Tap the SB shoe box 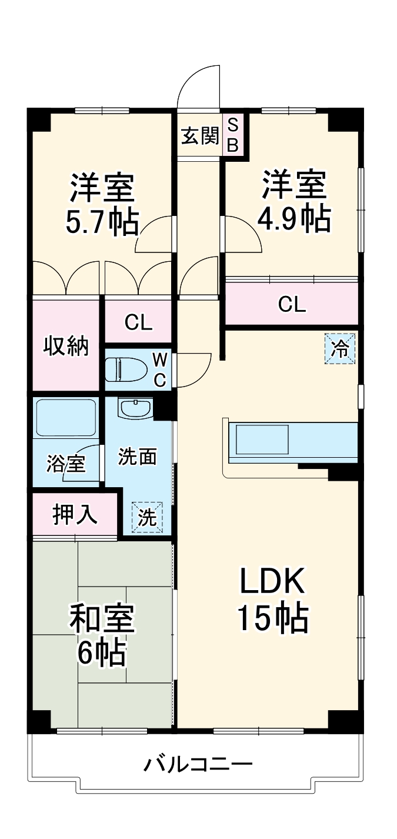click(x=233, y=135)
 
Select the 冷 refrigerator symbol click(x=340, y=349)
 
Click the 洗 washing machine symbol click(x=147, y=517)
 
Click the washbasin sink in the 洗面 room click(x=135, y=407)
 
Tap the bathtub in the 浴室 click(x=65, y=418)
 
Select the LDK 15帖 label click(x=272, y=600)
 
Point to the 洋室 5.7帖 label click(x=104, y=204)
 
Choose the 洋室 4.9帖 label click(x=293, y=201)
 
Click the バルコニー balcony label click(x=199, y=765)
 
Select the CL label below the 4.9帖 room click(x=292, y=304)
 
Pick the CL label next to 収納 click(x=139, y=322)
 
